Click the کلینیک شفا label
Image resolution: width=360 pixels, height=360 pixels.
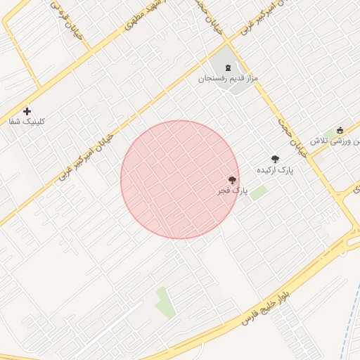coord(27,122)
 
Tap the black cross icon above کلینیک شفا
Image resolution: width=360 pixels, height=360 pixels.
coord(27,111)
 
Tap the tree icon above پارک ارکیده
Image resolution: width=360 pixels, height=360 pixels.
coord(275,159)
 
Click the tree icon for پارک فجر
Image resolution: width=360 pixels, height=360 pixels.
coord(232,180)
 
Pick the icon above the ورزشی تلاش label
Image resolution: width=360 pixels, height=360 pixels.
coord(340,129)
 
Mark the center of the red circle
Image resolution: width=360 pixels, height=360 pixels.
coord(180,180)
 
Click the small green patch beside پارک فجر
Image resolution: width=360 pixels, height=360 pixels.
coord(259,192)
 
